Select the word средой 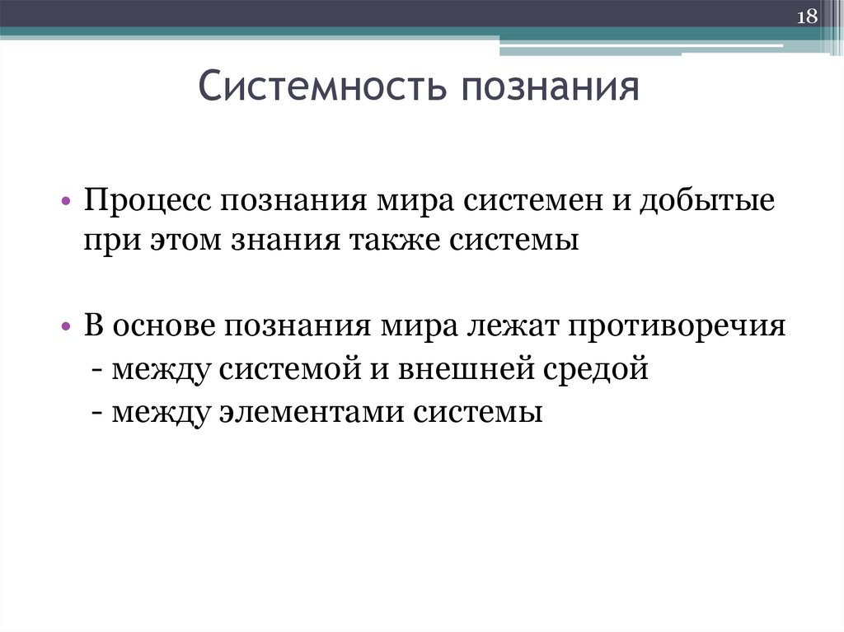coord(595,368)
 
